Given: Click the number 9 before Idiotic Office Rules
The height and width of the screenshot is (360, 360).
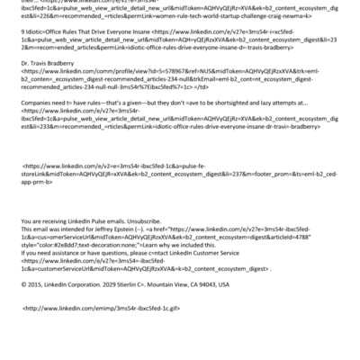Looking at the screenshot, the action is pyautogui.click(x=22, y=56).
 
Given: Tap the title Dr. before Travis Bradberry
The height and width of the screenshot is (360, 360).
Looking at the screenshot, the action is pyautogui.click(x=24, y=88).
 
